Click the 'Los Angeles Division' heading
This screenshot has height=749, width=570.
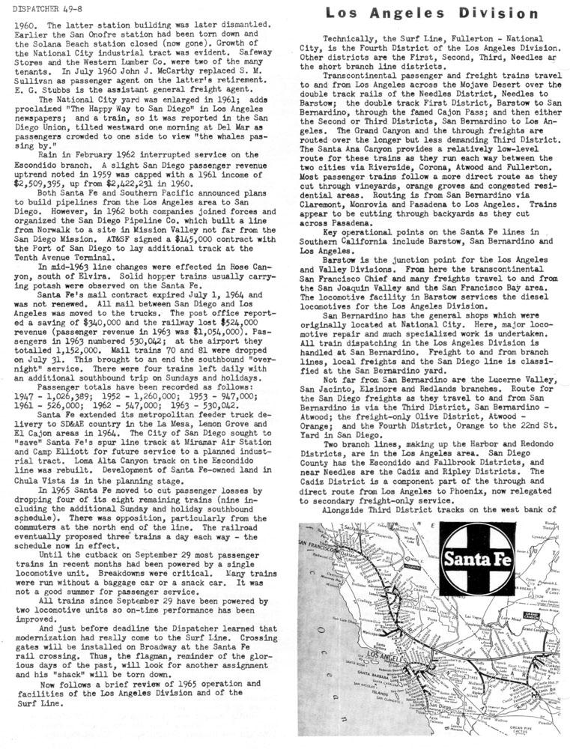coord(432,13)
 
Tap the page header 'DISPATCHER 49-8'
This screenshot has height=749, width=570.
coord(43,8)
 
